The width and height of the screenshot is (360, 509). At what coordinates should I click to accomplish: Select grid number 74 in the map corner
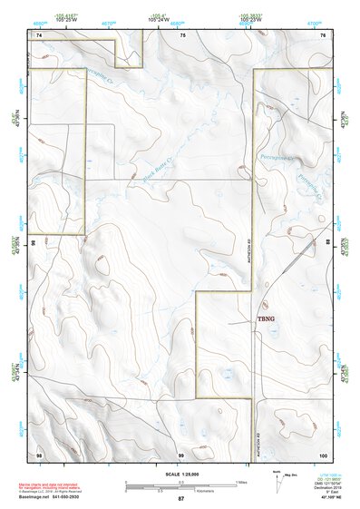(x=39, y=34)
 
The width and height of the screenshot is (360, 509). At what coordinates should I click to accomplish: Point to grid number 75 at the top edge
(x=182, y=34)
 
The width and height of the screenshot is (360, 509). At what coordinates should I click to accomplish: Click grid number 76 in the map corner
(x=323, y=34)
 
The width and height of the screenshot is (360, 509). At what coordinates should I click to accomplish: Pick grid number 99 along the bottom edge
(x=180, y=453)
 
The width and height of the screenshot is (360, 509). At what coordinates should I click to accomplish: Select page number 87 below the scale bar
(x=180, y=499)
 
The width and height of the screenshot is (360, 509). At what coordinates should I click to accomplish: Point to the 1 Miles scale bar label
(x=240, y=483)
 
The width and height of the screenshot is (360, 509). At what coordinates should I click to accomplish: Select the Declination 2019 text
(x=329, y=487)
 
